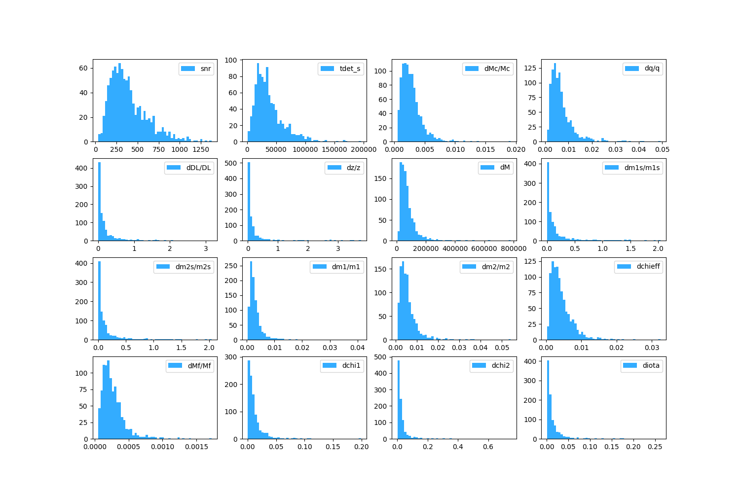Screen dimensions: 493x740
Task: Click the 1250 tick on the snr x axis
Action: click(x=694, y=149)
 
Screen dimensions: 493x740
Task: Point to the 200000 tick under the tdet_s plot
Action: click(x=364, y=149)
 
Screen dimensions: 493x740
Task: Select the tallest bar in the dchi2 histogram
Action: click(x=399, y=399)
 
